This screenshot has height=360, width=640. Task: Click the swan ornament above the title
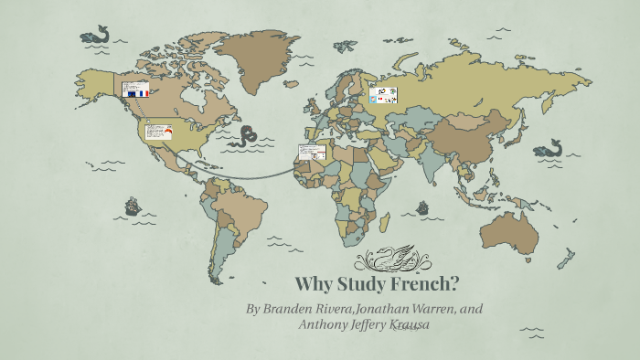tap(389, 259)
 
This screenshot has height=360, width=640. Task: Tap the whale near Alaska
tap(94, 37)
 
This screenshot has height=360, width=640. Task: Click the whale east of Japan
tap(549, 147)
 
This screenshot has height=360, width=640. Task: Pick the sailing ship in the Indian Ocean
tap(422, 208)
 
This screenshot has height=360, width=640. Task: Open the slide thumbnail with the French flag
tap(136, 90)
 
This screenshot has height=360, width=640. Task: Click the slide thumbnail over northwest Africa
tap(312, 153)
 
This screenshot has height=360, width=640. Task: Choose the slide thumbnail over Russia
tap(382, 96)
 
